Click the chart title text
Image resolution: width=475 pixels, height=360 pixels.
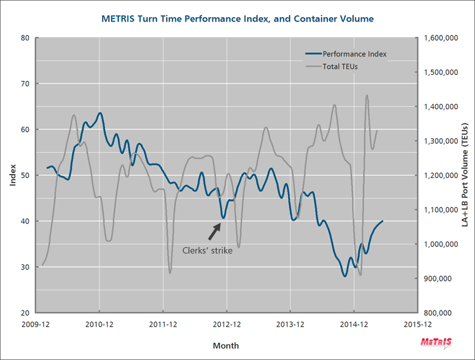pos(237,19)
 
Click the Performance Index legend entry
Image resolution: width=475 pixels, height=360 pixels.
pos(354,55)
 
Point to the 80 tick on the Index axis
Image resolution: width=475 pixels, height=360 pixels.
pos(26,38)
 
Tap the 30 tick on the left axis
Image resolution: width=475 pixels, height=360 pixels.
pos(26,267)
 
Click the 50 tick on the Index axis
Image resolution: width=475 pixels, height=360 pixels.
pos(26,176)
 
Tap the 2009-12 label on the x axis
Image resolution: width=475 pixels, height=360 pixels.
pos(36,324)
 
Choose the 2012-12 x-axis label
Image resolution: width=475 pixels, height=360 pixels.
pos(227,324)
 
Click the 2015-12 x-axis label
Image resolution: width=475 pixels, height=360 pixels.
pos(417,324)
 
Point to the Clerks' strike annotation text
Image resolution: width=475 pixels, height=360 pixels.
pos(207,251)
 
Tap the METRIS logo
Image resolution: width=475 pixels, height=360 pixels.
pos(436,343)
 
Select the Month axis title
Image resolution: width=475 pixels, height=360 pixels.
pos(226,345)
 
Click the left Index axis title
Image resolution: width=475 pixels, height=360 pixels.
pos(13,176)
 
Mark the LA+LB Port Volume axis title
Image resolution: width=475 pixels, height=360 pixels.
pos(465,176)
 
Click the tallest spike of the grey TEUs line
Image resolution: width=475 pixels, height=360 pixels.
pos(367,96)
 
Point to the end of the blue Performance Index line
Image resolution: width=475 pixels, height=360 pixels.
pos(383,221)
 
